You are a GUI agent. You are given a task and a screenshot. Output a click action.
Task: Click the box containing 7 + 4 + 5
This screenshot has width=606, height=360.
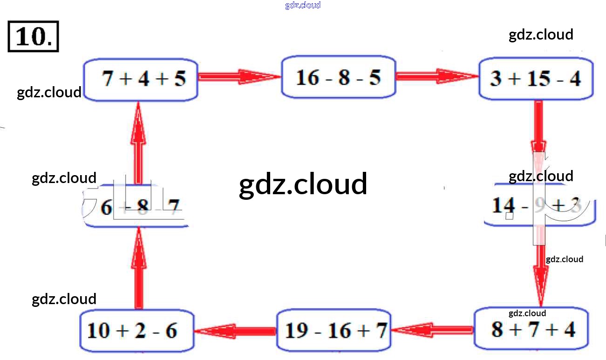tap(141, 80)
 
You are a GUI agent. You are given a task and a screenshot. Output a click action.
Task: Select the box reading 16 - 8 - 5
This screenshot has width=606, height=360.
tap(339, 77)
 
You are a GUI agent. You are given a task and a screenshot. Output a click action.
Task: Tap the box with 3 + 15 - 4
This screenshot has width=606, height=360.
tap(536, 79)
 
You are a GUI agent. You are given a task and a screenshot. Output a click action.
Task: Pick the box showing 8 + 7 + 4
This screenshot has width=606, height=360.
tap(531, 329)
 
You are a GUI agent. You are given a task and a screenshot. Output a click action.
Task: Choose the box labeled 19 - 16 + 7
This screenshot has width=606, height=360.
tap(334, 331)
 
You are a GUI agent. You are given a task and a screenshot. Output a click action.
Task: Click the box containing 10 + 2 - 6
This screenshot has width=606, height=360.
tap(136, 331)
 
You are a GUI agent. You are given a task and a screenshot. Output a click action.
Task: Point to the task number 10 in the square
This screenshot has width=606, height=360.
tap(33, 36)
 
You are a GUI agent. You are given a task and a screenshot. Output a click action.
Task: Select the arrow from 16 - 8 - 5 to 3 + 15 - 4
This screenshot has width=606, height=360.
tap(437, 76)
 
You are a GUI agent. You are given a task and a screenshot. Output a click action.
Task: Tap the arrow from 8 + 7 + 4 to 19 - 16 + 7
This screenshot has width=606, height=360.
tap(432, 331)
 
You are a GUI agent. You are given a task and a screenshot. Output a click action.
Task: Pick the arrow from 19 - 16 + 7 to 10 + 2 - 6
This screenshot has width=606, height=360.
tap(235, 331)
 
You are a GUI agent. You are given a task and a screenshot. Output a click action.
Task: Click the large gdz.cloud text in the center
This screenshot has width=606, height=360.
tap(303, 184)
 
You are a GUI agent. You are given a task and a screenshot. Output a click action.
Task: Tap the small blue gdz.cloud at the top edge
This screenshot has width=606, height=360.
tap(303, 6)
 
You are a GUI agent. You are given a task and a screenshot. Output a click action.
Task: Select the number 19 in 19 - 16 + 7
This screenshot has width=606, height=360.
tap(296, 331)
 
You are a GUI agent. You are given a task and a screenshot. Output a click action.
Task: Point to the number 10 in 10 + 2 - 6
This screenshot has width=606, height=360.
tap(98, 331)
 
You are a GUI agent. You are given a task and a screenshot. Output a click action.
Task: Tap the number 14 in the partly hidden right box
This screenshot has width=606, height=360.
tap(504, 205)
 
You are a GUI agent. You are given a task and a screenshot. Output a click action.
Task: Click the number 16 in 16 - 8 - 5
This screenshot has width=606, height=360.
tap(307, 77)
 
